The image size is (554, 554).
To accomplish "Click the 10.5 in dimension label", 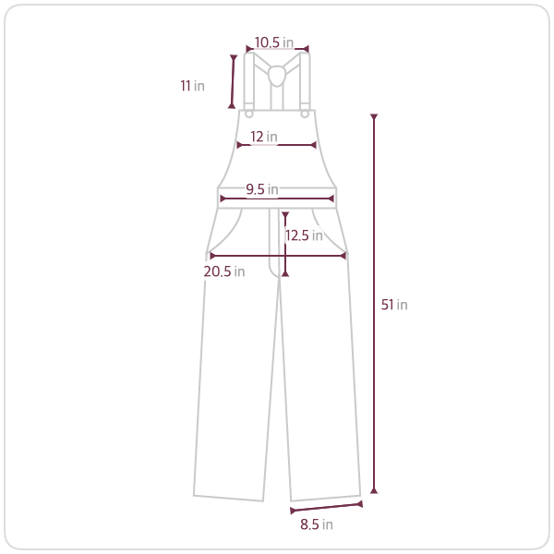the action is point(274,42).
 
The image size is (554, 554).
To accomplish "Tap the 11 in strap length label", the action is point(192,86).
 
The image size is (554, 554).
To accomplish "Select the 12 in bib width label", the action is point(263,137).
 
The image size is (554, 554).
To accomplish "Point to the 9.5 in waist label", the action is point(262,189).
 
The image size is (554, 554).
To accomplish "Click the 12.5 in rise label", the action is point(304,235).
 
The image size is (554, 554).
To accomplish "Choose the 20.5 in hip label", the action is point(224,271).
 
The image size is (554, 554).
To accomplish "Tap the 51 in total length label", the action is point(394,305).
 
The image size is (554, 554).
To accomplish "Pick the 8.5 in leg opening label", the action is point(317,524).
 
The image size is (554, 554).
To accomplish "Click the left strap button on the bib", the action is point(249,114).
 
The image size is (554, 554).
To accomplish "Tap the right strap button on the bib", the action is point(305,114).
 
